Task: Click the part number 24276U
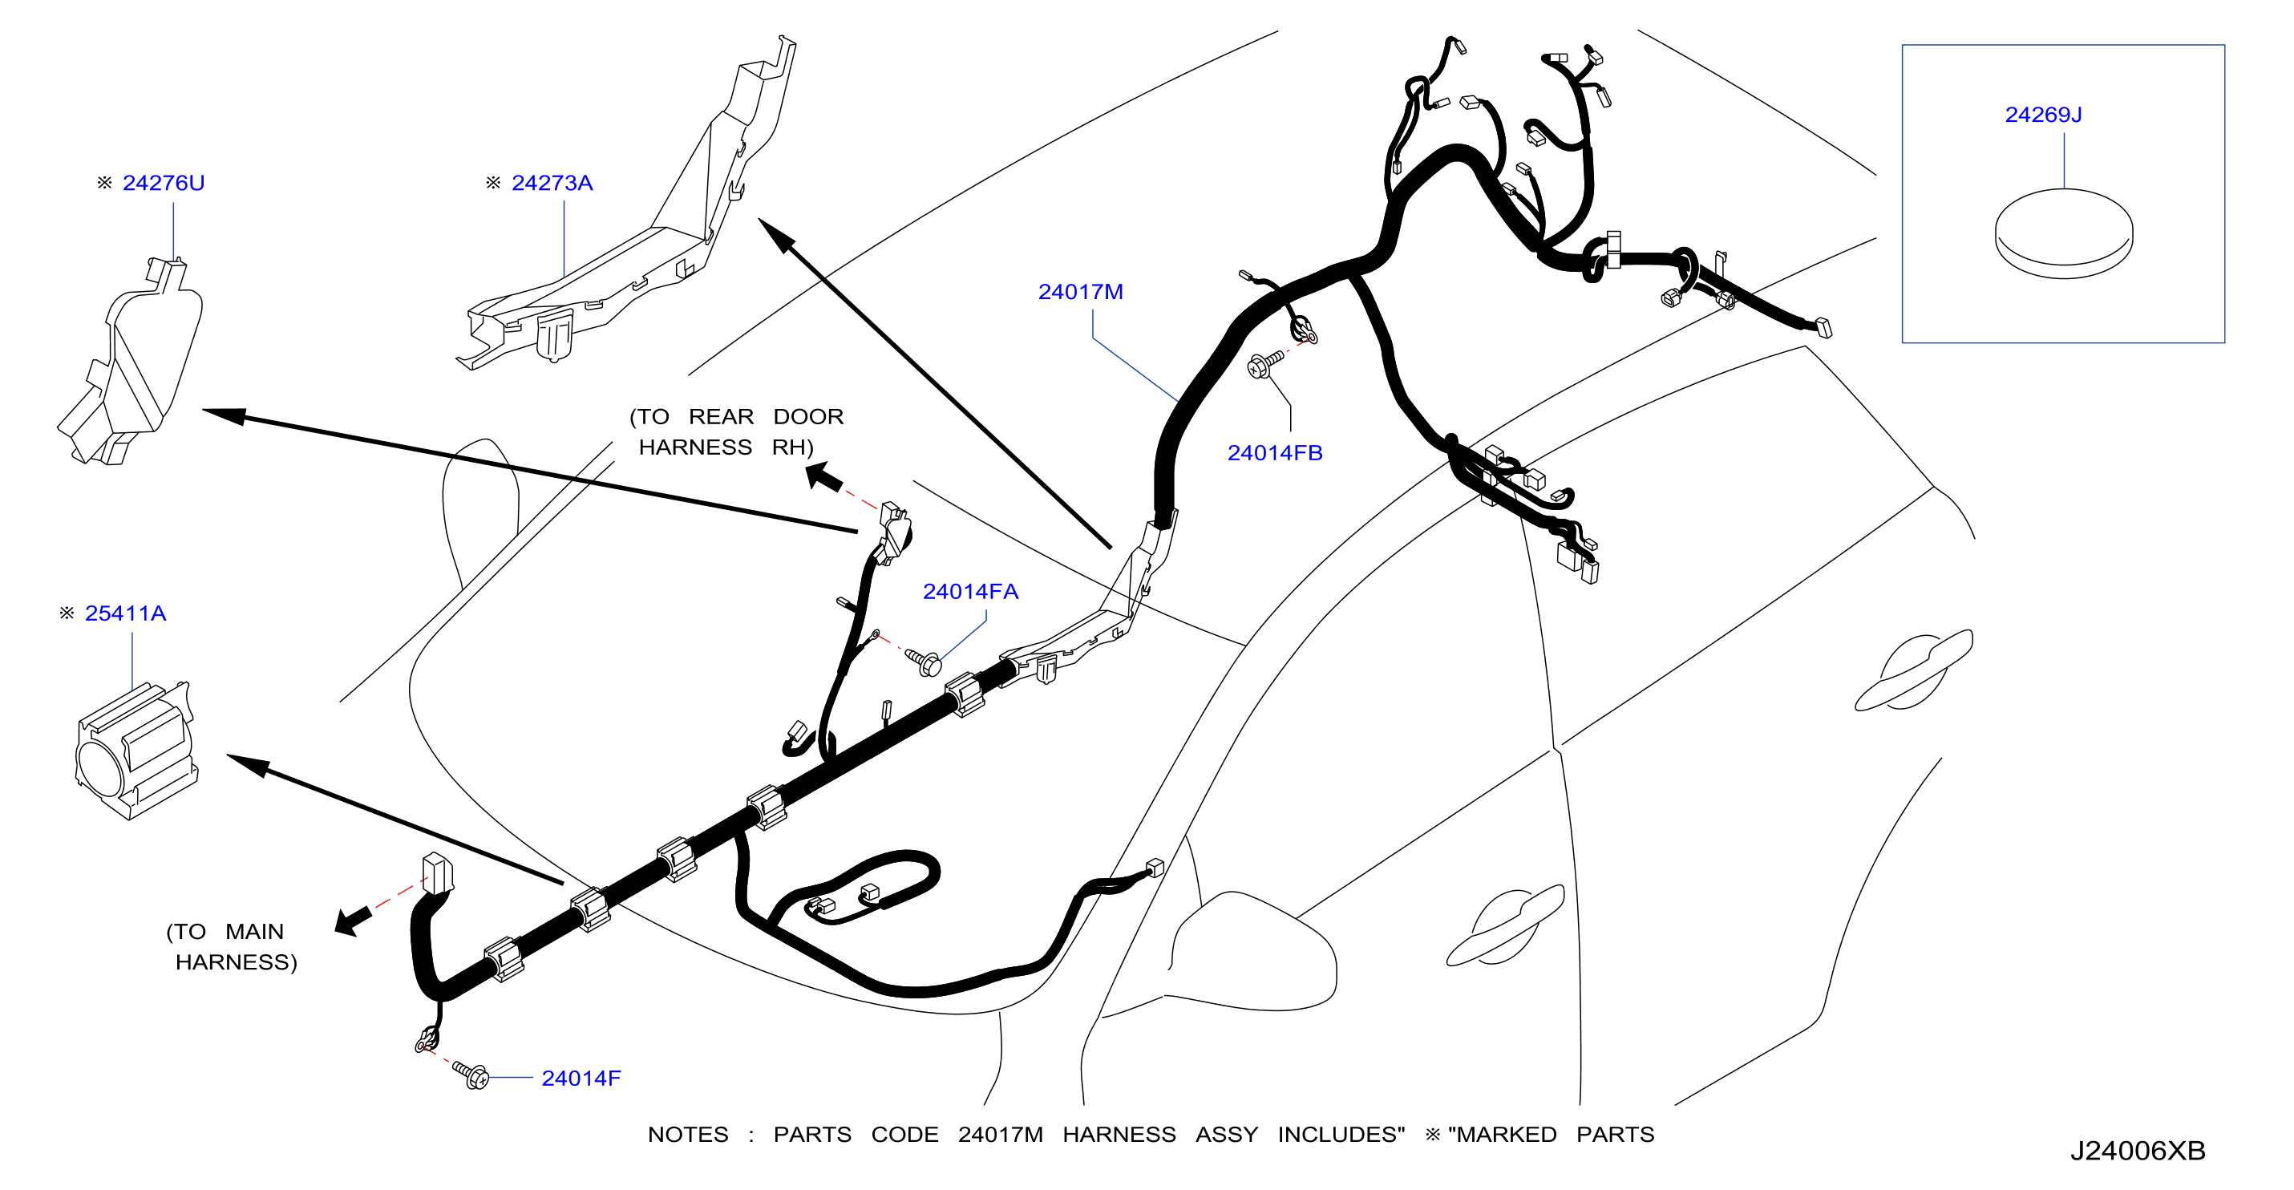163,184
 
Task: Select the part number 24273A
552,184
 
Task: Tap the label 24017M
1080,292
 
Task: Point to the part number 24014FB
1274,453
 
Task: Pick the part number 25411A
126,613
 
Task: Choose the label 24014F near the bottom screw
581,1079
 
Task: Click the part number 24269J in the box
2043,115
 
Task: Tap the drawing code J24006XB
2138,1151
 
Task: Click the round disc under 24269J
2063,234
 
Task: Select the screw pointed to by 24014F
471,1075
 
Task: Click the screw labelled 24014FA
924,662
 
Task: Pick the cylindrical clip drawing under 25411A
136,749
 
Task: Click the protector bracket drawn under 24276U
131,362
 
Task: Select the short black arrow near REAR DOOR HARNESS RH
823,477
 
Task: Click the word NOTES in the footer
687,1135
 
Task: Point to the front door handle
1505,926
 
